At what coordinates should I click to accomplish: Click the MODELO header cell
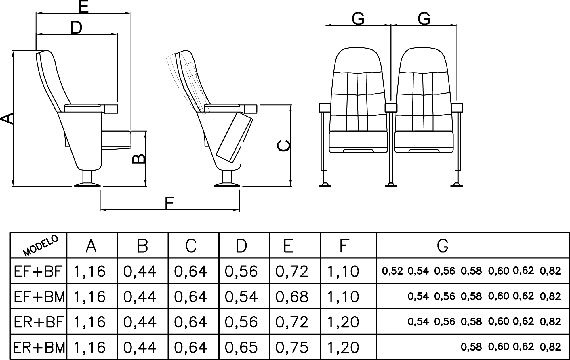pos(41,245)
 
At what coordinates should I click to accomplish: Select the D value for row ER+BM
pos(241,347)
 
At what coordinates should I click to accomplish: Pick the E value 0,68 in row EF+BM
pos(292,297)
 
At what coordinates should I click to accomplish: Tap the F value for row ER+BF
pos(343,322)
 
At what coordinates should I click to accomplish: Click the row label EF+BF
pos(38,271)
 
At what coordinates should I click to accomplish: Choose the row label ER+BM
pos(39,347)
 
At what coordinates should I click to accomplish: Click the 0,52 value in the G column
pos(392,271)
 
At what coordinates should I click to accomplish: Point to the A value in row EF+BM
pos(89,297)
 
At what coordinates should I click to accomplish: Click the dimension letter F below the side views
pos(169,203)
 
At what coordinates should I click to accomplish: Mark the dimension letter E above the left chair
pos(83,7)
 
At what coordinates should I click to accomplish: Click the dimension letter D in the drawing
pos(77,28)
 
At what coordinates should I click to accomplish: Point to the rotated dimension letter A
pos(7,119)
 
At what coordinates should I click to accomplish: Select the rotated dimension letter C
pos(283,146)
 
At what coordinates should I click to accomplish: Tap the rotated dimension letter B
pos(138,159)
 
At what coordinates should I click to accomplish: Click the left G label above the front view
pos(358,19)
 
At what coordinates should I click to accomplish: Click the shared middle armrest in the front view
pos(391,108)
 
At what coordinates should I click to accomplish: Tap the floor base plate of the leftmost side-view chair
pos(87,184)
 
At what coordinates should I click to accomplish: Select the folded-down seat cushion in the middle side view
pos(234,138)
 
